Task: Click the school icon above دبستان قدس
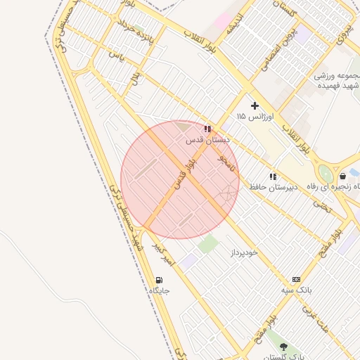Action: [207, 129]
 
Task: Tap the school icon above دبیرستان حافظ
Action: [273, 176]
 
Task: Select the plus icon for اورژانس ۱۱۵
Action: [255, 105]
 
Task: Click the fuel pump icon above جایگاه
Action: [158, 280]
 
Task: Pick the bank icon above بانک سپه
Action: [296, 279]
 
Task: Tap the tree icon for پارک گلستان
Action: [283, 347]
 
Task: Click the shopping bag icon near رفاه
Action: [342, 176]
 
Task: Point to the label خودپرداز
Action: [244, 251]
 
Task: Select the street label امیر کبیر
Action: [163, 254]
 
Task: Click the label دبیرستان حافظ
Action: [273, 187]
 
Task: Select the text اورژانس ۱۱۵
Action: [255, 115]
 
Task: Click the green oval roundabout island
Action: [326, 174]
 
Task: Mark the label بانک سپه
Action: [296, 290]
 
